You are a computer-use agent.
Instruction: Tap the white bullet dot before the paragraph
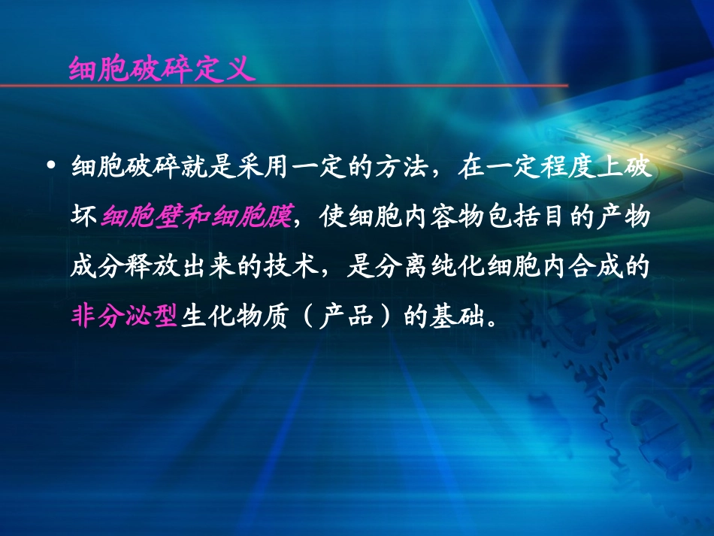pyautogui.click(x=51, y=166)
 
